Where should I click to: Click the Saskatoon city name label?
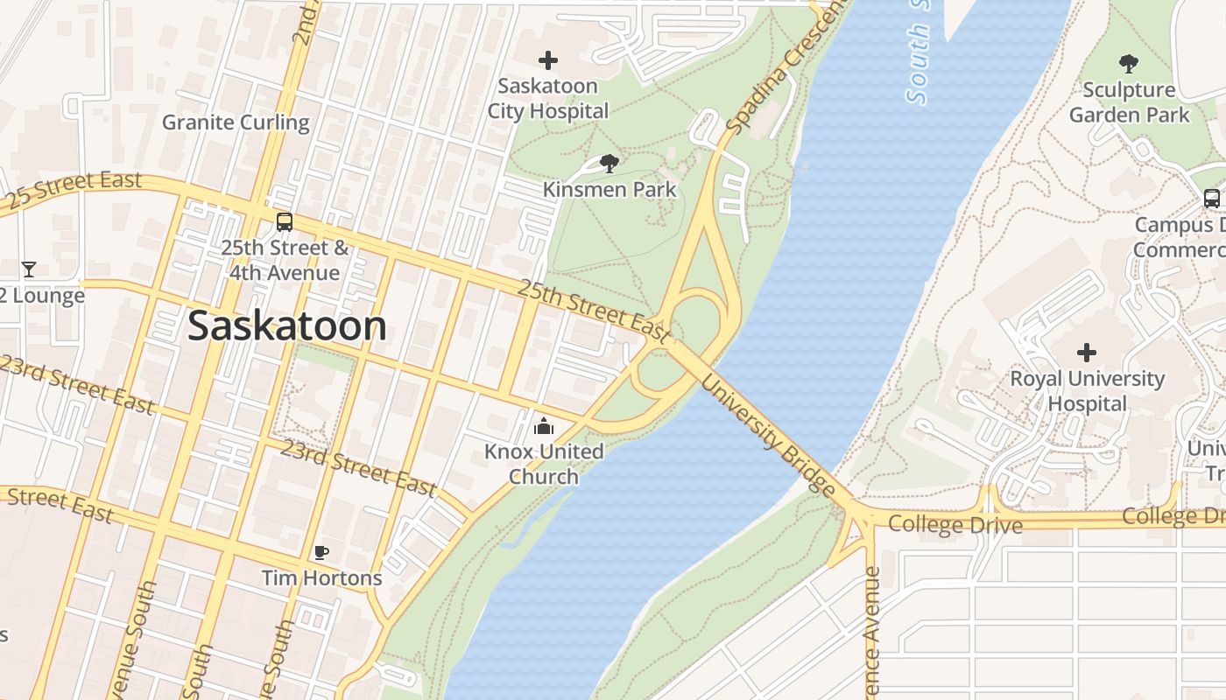[287, 326]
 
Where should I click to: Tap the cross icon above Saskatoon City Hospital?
[548, 60]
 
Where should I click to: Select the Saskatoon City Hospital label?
[548, 99]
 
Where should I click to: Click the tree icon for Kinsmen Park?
[609, 163]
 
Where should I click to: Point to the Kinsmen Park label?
[609, 189]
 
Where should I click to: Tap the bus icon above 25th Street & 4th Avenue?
[285, 222]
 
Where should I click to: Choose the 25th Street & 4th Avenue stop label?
[285, 261]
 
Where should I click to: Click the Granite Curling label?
[236, 122]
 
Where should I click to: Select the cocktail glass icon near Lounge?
[29, 269]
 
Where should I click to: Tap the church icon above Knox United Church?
[544, 427]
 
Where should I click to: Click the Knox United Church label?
[544, 464]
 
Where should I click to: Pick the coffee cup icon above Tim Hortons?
[321, 552]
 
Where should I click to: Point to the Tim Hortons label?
[322, 578]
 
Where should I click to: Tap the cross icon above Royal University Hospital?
[1087, 353]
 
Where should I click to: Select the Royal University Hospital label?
[1087, 391]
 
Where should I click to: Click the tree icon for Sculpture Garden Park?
[1129, 63]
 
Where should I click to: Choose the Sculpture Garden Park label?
[1129, 102]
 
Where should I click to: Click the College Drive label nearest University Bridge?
[955, 525]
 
